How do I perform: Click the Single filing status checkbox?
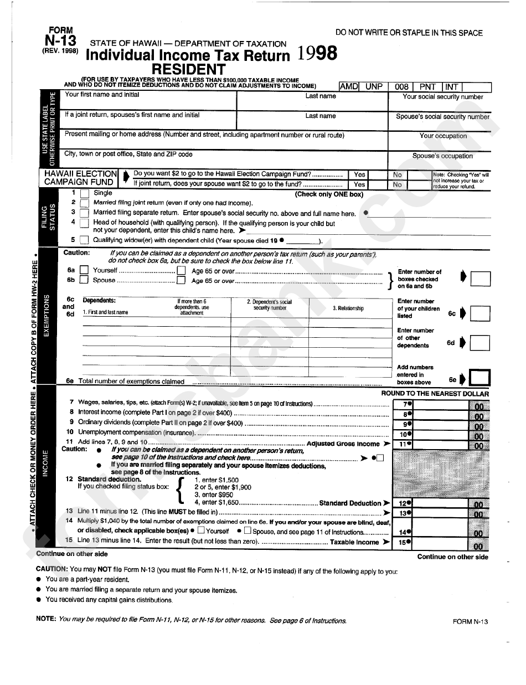coord(84,194)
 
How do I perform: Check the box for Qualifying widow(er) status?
coord(84,240)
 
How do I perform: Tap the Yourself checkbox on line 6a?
coord(84,270)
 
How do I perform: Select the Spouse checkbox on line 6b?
coord(84,280)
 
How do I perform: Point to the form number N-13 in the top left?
coord(60,40)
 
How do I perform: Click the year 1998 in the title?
coord(317,54)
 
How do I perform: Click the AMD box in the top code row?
coord(349,86)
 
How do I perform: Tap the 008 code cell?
coord(402,87)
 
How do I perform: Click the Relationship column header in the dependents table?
coord(348,308)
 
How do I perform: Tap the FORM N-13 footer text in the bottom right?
coord(470,622)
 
